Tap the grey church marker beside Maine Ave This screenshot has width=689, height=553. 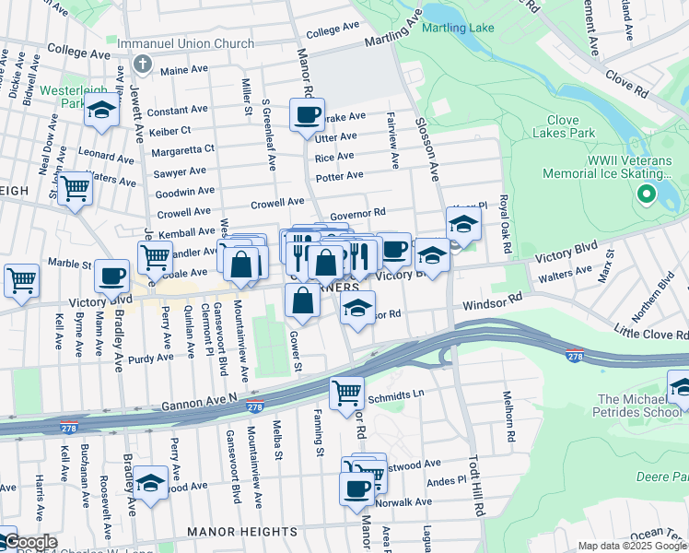pos(141,64)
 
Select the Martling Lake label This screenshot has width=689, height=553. pos(458,28)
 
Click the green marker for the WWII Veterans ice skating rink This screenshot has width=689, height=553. pos(646,194)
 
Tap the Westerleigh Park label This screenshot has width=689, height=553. pos(62,98)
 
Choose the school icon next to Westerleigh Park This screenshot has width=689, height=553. pos(101,112)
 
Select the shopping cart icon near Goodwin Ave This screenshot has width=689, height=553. pos(75,189)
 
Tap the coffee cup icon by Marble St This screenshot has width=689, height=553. pos(112,275)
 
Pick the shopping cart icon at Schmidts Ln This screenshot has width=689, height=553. pos(346,394)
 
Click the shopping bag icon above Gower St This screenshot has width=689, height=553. pos(302,300)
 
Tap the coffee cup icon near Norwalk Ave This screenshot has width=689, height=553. pos(356,489)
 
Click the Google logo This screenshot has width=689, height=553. pos(29,542)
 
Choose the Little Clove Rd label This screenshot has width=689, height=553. pos(650,332)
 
